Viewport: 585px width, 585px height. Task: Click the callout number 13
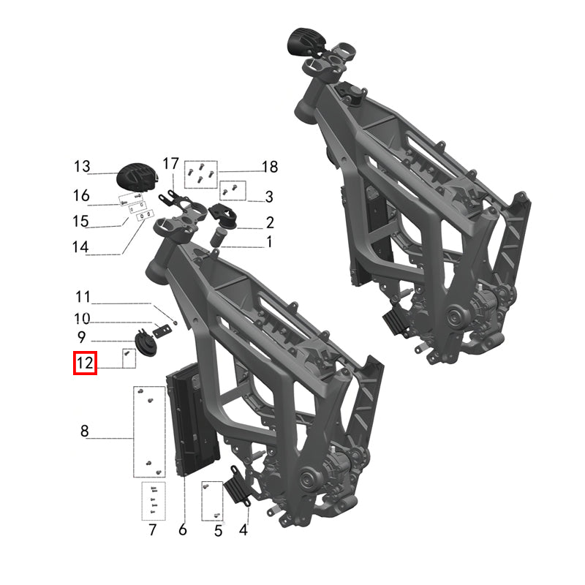click(81, 167)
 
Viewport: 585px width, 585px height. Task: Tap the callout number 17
click(170, 163)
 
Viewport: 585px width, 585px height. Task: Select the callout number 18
click(270, 167)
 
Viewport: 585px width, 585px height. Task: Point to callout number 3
click(269, 196)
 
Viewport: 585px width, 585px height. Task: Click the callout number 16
click(81, 195)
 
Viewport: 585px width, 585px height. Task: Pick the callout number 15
click(81, 221)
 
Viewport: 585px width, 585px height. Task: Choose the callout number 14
click(81, 247)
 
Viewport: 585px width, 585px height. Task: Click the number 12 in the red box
click(85, 363)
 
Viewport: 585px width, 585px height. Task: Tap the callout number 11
click(83, 297)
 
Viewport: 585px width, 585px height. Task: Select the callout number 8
click(85, 431)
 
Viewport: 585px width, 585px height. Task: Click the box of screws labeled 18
click(200, 171)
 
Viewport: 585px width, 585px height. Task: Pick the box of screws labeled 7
click(154, 500)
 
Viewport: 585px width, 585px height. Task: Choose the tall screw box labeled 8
click(148, 431)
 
